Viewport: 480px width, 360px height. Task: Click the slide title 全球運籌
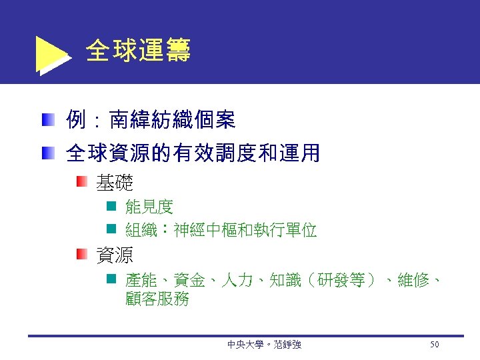click(x=138, y=51)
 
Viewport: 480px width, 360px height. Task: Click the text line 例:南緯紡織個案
click(x=150, y=121)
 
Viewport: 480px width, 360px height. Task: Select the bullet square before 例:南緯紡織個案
click(x=46, y=121)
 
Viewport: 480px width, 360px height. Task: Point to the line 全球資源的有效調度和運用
click(x=193, y=154)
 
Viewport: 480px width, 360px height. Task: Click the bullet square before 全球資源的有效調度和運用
click(x=46, y=154)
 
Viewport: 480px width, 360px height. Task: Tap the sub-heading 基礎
click(x=115, y=181)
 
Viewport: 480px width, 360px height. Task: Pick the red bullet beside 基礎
click(x=81, y=181)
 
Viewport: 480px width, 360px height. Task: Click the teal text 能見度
click(x=149, y=207)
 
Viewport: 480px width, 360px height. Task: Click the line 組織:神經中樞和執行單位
click(x=221, y=231)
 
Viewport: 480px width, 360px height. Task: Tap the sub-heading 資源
click(x=115, y=254)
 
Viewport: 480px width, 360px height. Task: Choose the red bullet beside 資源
click(x=81, y=254)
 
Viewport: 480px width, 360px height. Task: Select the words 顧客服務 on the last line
click(x=157, y=299)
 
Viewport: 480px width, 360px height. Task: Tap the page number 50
click(x=435, y=344)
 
